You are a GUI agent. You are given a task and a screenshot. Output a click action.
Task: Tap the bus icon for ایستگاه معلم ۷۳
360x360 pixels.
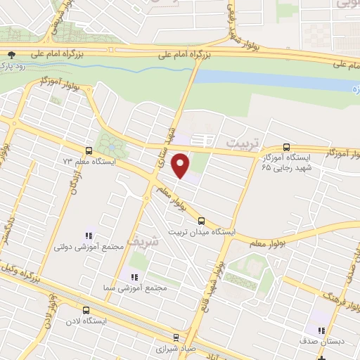coord(89,150)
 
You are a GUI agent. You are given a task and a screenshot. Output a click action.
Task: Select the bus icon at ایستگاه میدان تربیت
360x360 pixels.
coord(202,219)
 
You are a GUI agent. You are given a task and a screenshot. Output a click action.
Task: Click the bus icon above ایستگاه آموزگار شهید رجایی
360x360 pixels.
coord(285,147)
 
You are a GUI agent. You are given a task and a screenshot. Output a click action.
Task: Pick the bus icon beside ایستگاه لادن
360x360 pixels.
coord(86,310)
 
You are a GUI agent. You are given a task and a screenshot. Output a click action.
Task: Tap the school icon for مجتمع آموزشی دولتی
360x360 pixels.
coord(89,236)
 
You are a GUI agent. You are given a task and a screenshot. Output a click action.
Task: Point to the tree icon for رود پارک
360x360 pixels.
coord(10,55)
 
